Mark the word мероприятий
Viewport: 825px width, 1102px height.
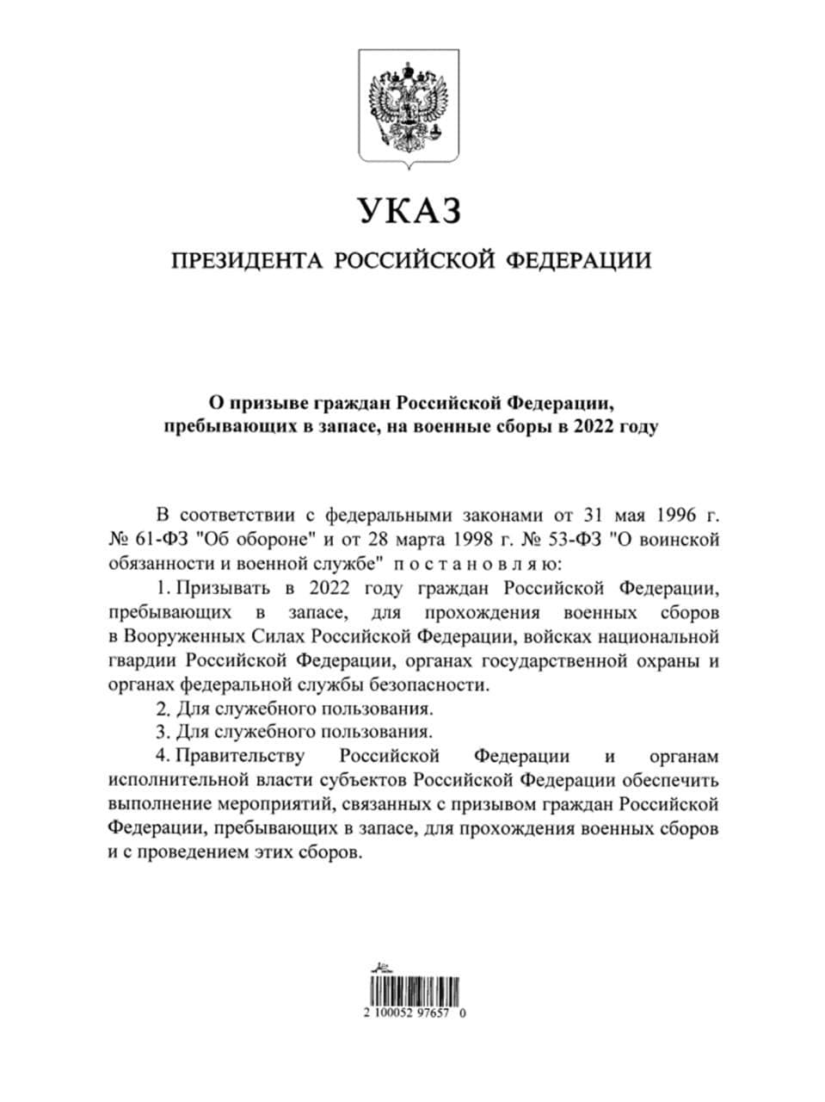pyautogui.click(x=281, y=806)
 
